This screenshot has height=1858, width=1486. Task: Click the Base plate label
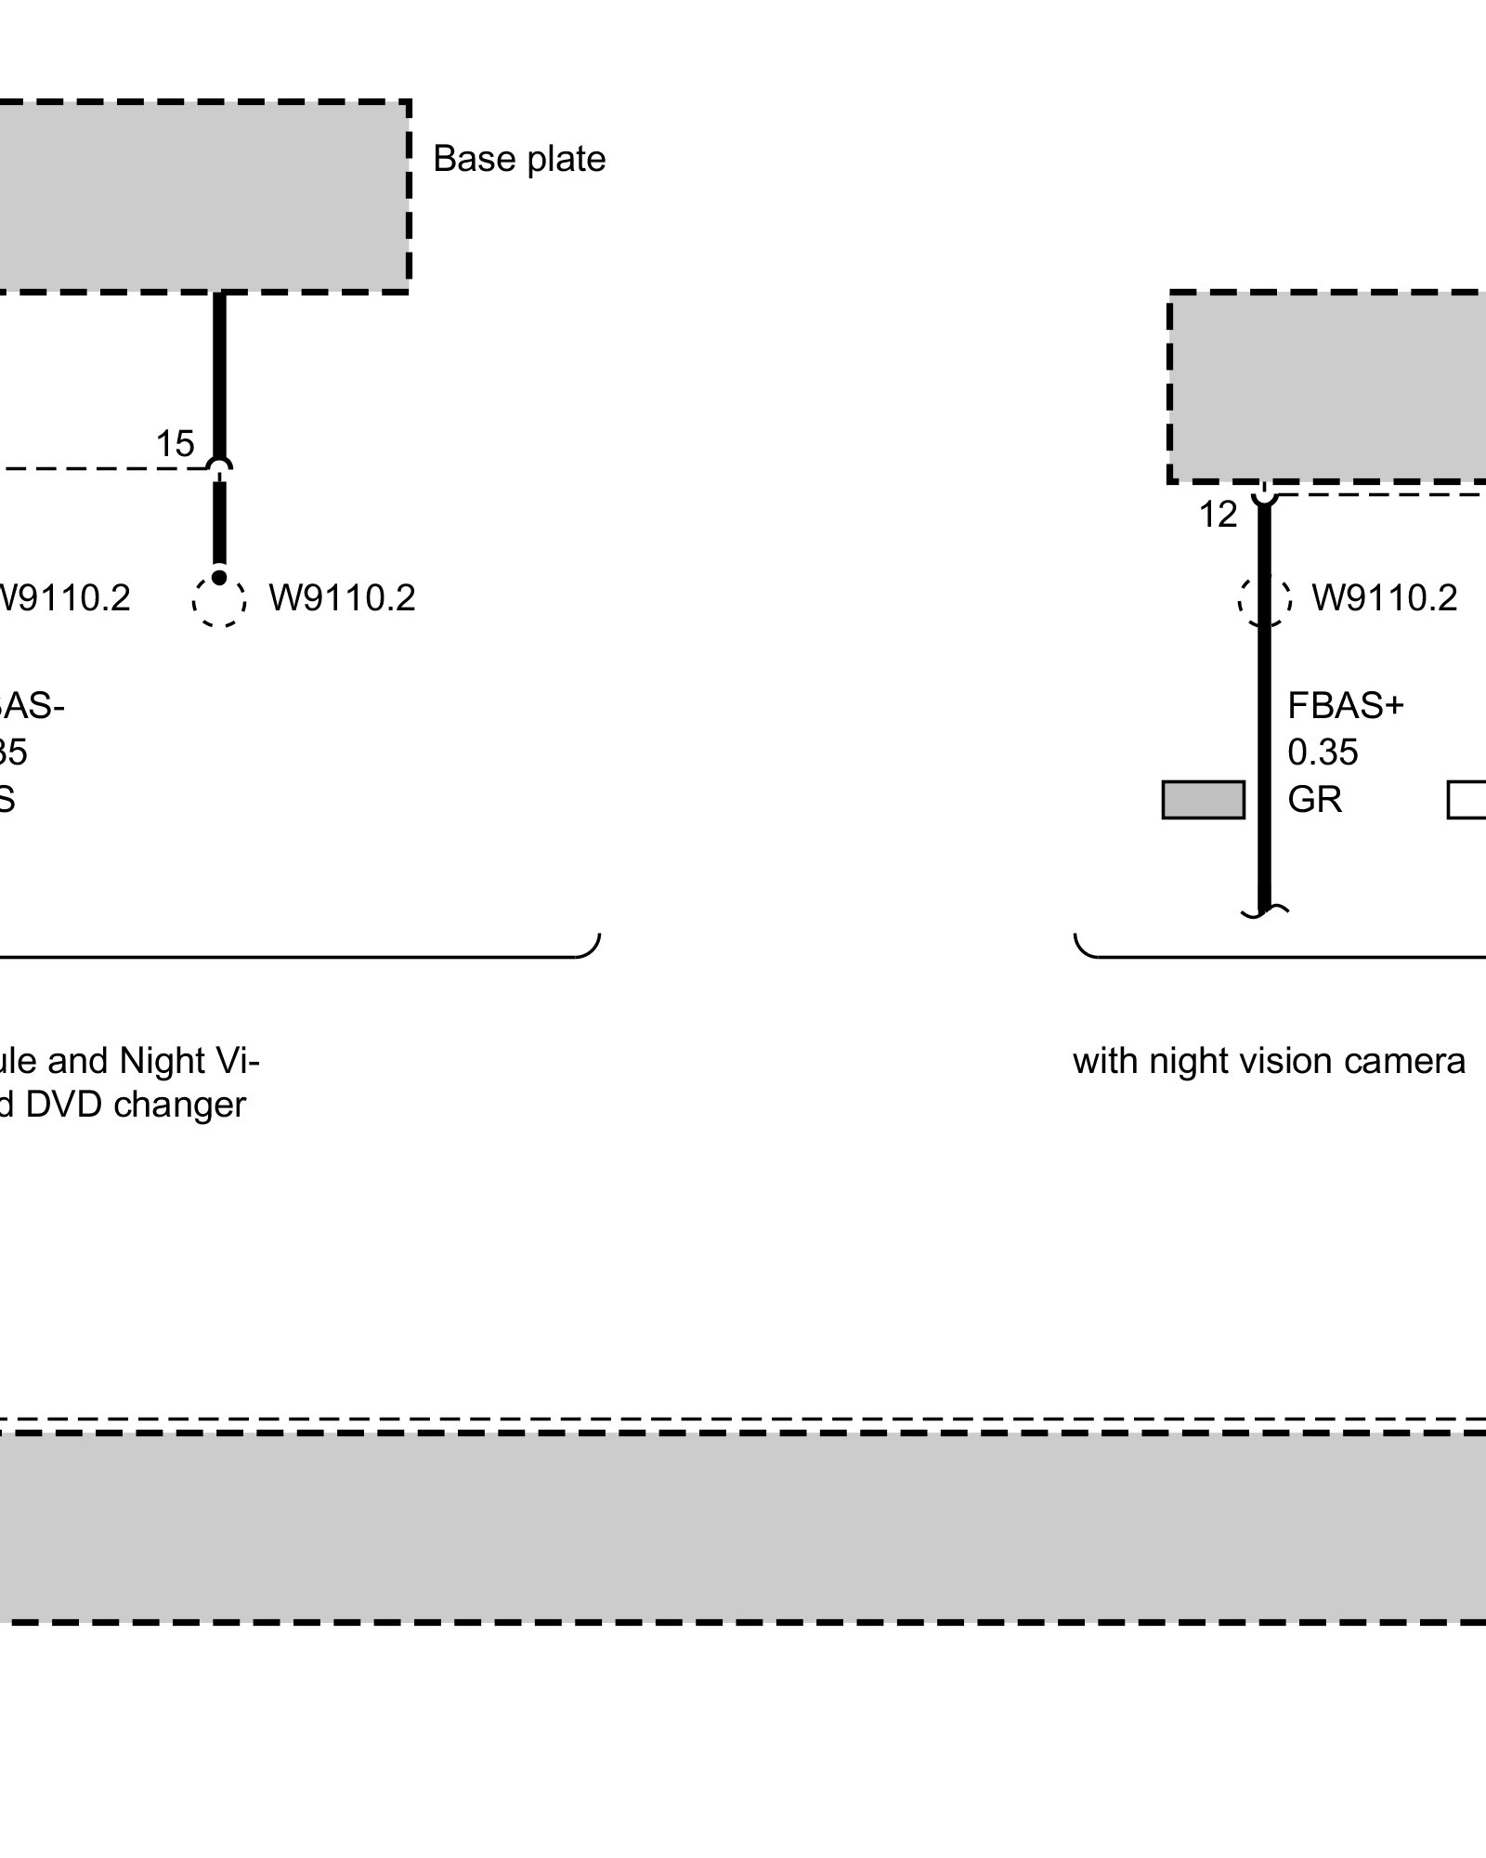[518, 160]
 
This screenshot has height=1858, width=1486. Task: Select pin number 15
[175, 445]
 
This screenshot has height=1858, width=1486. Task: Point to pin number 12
[1218, 515]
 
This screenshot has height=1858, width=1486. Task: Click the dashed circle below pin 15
[219, 601]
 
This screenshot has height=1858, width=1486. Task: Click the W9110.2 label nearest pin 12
[1384, 598]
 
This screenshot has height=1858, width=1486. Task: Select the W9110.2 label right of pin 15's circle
[342, 598]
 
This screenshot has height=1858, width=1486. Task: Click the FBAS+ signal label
[1345, 707]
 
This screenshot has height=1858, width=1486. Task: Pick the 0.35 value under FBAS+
[1323, 752]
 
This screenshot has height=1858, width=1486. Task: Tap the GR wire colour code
[1314, 800]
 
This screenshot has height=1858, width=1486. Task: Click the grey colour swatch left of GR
[1203, 800]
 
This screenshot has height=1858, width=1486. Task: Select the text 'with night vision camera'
[1269, 1061]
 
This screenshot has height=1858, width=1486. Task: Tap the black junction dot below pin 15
[219, 579]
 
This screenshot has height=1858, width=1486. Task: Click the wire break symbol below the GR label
[1264, 911]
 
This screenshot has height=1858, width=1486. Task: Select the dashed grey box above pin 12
[1328, 386]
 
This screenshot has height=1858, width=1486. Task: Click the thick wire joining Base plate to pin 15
[219, 372]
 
